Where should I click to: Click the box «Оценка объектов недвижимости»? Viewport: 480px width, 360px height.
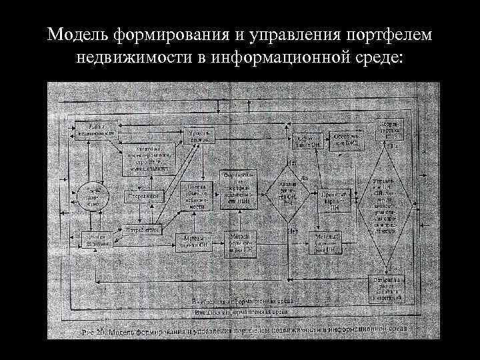click(198, 197)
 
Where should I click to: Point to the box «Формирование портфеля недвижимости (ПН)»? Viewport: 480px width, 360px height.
click(238, 190)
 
